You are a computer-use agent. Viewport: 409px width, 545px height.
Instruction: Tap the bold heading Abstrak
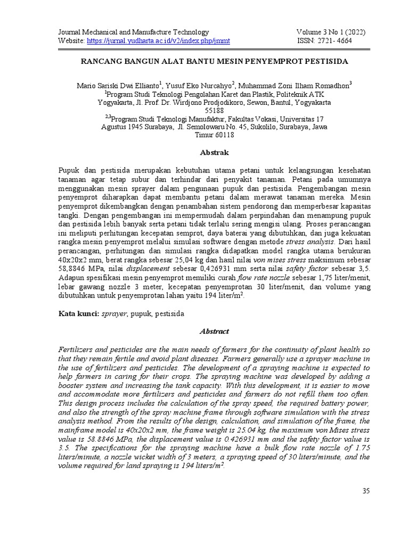(214, 153)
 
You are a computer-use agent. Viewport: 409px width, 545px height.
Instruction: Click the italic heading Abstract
(214, 331)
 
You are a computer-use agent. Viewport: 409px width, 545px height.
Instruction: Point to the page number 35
(365, 491)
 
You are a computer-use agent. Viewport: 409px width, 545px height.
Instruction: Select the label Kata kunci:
(77, 314)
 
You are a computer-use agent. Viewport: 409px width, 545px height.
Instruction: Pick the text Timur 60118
(214, 136)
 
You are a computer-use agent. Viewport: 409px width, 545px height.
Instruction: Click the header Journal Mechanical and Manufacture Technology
(133, 32)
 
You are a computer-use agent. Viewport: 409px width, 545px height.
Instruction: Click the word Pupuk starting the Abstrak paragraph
(69, 169)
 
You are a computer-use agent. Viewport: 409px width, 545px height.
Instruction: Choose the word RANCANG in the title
(100, 61)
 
